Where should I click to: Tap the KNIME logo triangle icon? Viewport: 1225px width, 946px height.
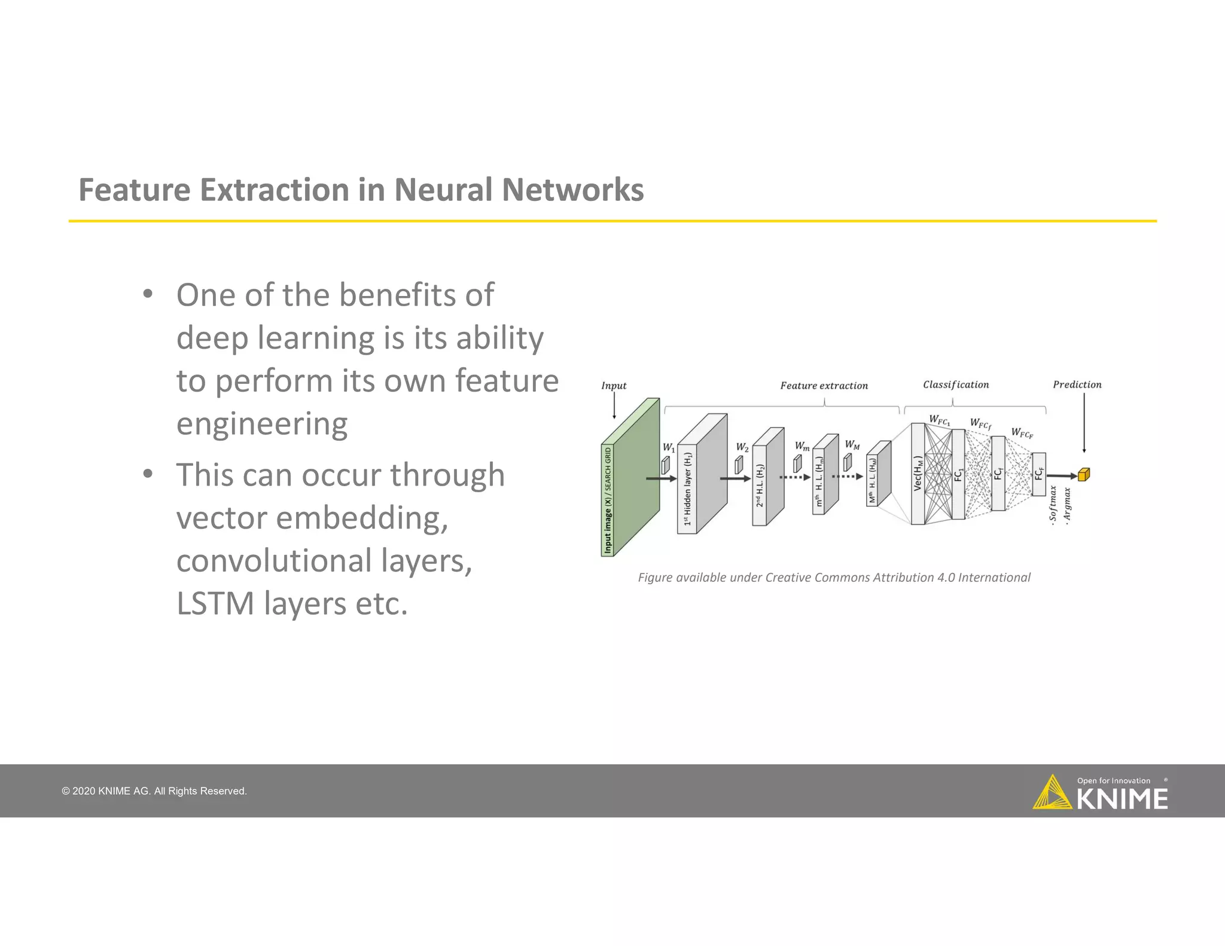tap(1052, 793)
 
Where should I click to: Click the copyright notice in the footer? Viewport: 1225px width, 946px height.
tap(154, 791)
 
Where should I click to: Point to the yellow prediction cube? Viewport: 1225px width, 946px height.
tap(1083, 475)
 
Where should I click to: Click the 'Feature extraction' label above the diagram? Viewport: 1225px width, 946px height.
tap(824, 386)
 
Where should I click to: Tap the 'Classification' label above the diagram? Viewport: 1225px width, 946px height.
tap(955, 384)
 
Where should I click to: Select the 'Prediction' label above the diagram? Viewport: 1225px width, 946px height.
tap(1077, 384)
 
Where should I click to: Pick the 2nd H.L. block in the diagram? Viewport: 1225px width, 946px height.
tap(767, 478)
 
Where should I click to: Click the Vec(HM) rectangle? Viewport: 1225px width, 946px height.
tap(918, 474)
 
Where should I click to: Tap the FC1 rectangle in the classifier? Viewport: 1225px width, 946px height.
tap(958, 474)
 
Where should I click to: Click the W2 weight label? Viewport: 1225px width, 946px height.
tap(742, 447)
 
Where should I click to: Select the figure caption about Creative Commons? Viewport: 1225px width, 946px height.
tap(834, 578)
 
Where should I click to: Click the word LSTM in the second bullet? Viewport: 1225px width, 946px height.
tap(215, 603)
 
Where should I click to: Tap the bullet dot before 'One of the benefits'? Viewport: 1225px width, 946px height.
tap(148, 294)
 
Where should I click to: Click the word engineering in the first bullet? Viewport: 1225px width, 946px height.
tap(262, 424)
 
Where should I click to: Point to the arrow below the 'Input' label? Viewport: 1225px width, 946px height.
tap(614, 406)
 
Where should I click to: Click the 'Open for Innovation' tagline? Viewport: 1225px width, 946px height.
tap(1113, 780)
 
